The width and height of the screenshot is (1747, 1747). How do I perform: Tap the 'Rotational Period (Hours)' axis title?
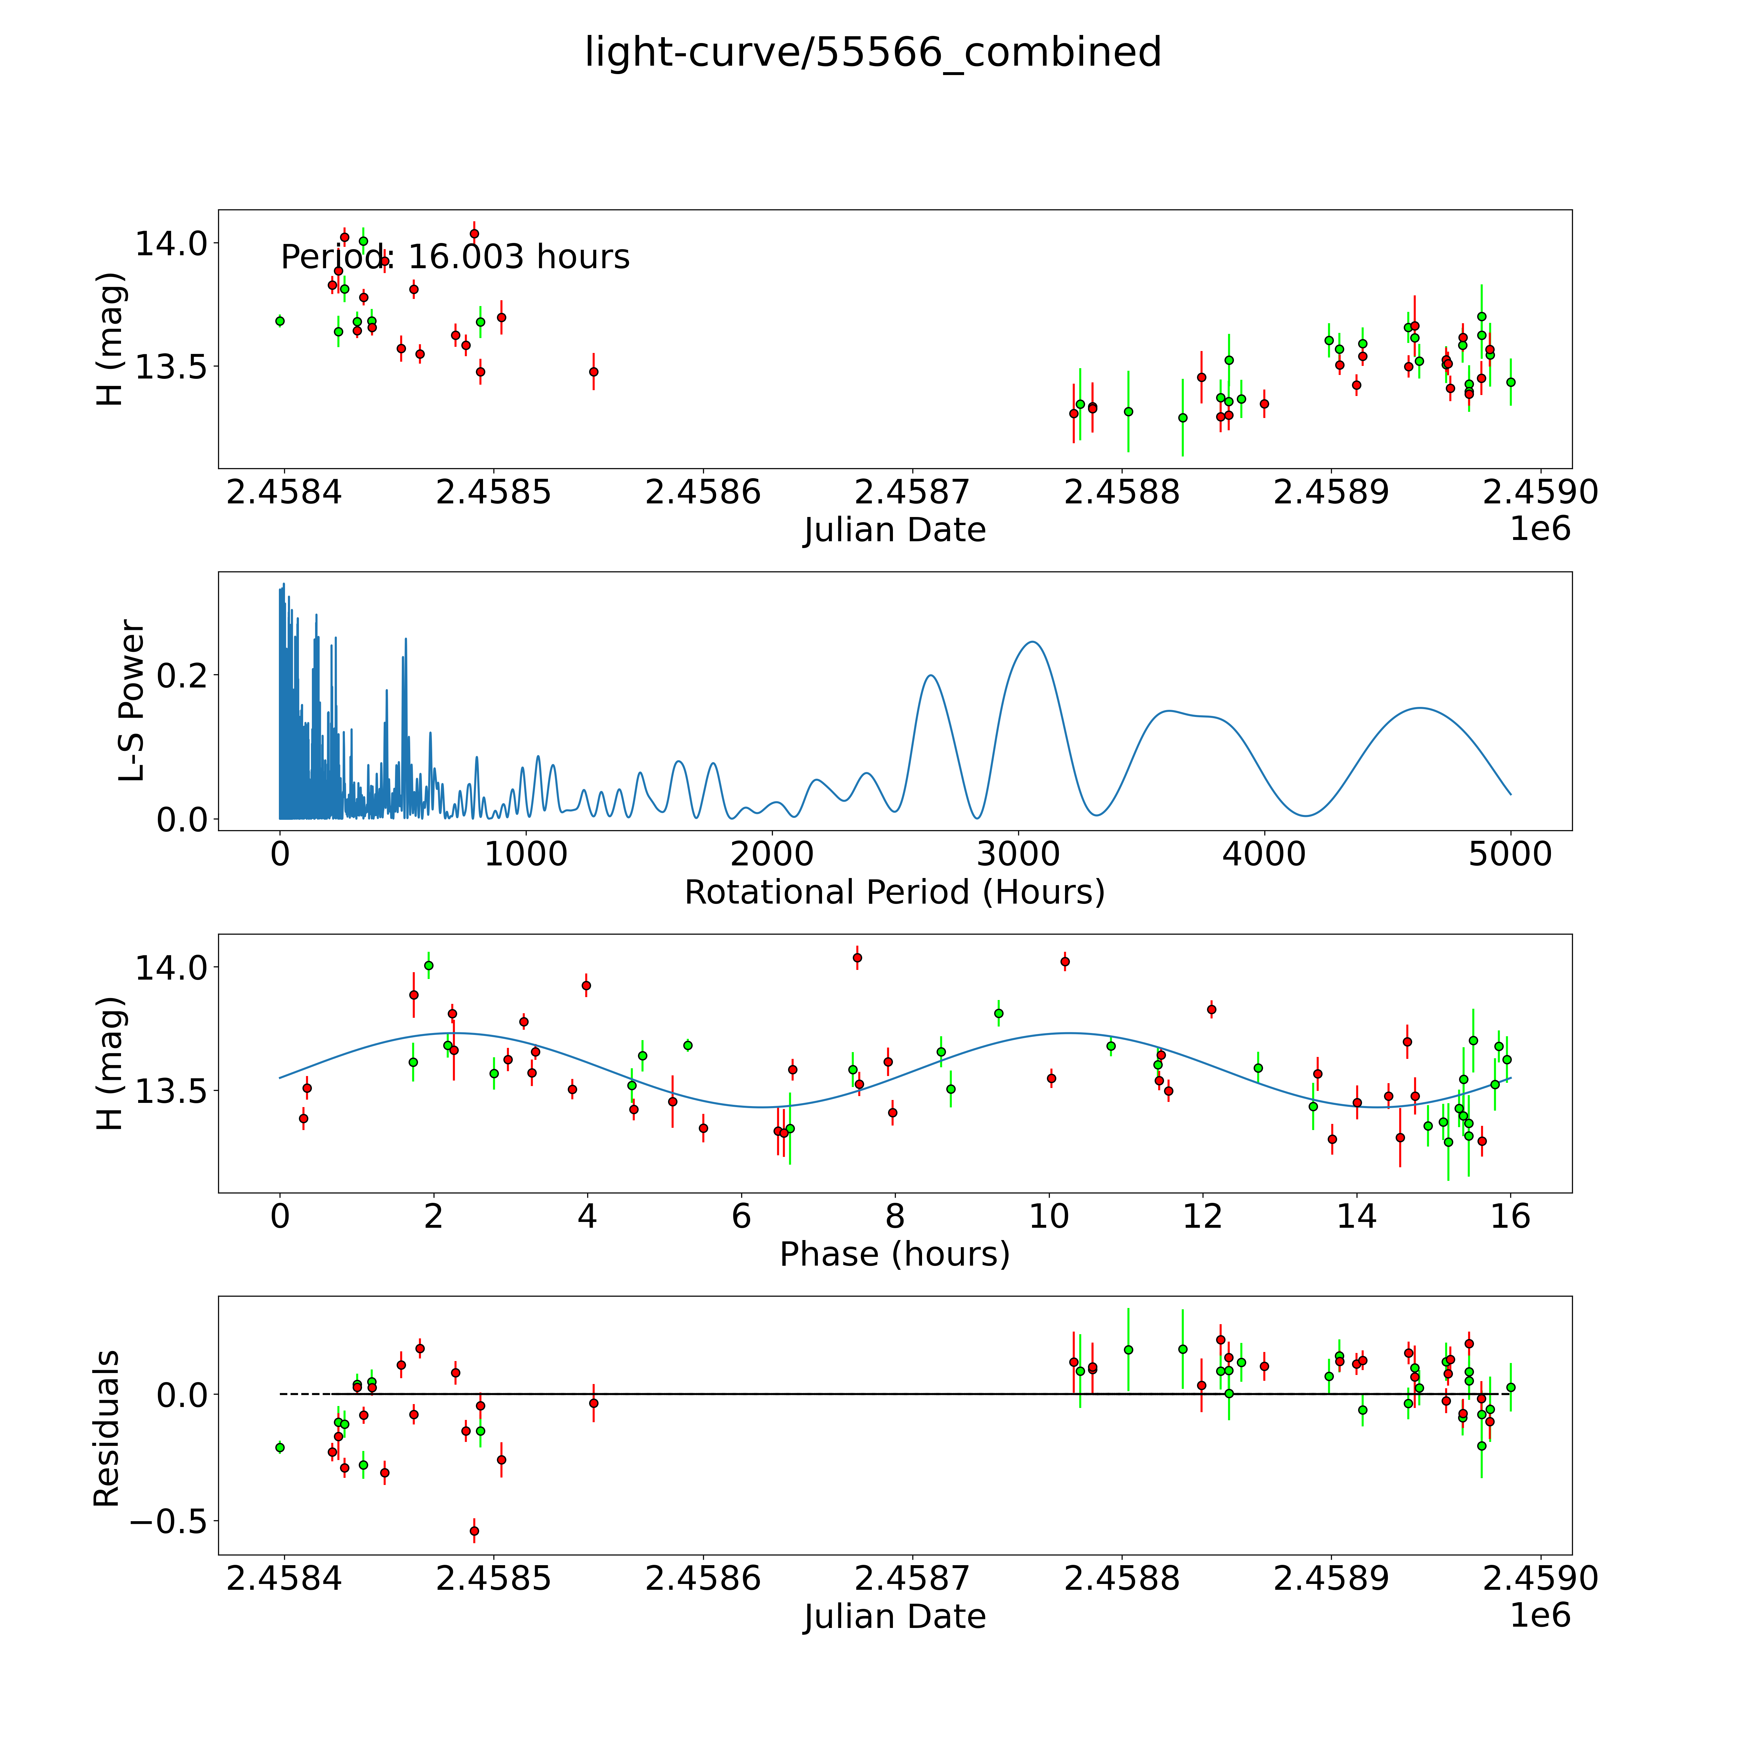pyautogui.click(x=894, y=893)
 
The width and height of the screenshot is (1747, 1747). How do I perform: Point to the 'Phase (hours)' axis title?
pyautogui.click(x=894, y=1254)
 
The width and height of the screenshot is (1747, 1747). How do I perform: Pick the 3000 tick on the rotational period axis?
pyautogui.click(x=1018, y=854)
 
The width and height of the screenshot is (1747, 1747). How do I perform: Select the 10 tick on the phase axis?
pyautogui.click(x=1049, y=1216)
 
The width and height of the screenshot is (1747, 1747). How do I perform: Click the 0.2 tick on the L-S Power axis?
pyautogui.click(x=182, y=675)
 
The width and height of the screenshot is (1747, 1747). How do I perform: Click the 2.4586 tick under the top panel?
pyautogui.click(x=703, y=493)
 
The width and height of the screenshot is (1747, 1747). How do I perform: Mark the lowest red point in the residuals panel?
pyautogui.click(x=474, y=1531)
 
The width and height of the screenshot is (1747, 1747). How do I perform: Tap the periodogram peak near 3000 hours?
pyautogui.click(x=1032, y=642)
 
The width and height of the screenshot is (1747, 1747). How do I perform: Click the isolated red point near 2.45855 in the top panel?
pyautogui.click(x=593, y=372)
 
